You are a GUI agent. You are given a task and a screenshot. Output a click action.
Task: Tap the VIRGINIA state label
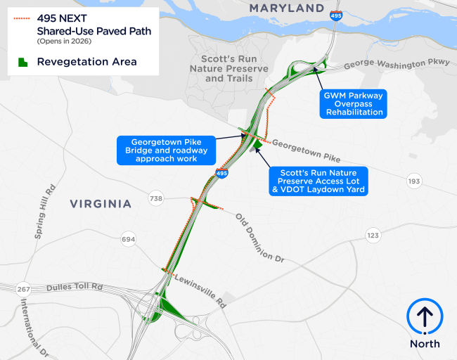click(101, 204)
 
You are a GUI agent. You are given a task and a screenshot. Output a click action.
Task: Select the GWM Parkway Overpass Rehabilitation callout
click(354, 103)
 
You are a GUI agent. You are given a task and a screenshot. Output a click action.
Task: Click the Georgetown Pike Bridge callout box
click(164, 150)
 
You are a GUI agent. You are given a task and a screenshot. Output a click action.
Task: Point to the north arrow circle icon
click(425, 316)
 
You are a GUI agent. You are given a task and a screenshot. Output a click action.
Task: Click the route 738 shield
click(155, 199)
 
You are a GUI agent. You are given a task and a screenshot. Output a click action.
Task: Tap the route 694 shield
click(128, 239)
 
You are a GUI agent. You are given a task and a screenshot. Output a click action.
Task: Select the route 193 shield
click(414, 182)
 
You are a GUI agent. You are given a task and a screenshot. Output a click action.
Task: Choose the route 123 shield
click(373, 235)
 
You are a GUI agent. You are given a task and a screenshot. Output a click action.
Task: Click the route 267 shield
click(24, 288)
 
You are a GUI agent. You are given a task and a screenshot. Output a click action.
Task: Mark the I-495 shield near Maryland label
click(337, 15)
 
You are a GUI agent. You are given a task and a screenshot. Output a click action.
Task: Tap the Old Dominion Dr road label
click(259, 238)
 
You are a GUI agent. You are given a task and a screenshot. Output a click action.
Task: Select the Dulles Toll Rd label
click(75, 288)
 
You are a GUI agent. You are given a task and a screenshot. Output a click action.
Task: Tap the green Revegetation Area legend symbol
click(22, 62)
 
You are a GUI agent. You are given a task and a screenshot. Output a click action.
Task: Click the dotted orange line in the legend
click(22, 18)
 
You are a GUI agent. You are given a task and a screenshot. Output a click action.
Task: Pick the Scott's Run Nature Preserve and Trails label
click(229, 68)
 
